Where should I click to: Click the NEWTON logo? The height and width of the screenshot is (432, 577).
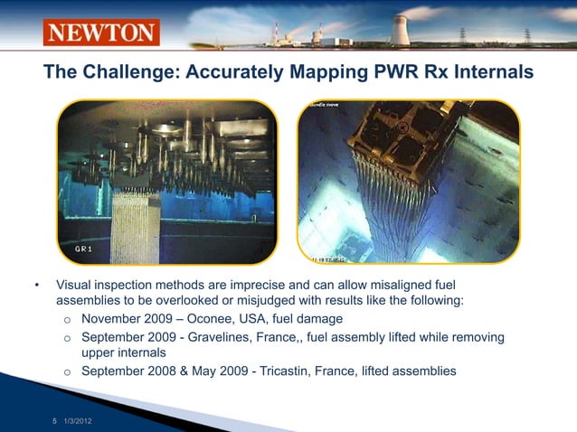pos(101,33)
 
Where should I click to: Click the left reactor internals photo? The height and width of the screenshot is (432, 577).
pos(166,181)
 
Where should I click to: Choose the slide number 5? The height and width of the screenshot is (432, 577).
pos(54,422)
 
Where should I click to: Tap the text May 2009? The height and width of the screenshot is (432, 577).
pos(238,371)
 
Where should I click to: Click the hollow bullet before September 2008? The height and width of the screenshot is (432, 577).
pos(67,371)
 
